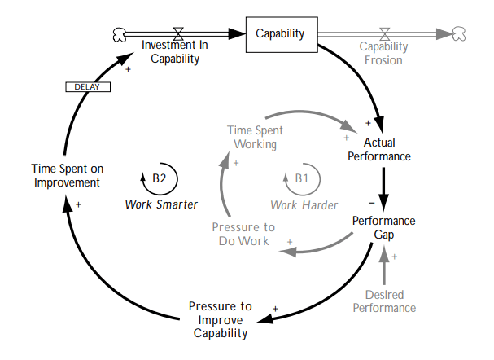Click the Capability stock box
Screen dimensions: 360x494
(280, 33)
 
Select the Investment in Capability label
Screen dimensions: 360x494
(174, 51)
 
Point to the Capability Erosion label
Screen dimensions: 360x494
(384, 53)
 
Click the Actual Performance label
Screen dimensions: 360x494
(379, 149)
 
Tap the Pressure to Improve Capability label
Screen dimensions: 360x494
(220, 319)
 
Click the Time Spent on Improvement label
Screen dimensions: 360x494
(66, 175)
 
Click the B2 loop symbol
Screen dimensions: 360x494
(159, 178)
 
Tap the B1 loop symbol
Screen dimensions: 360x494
(300, 178)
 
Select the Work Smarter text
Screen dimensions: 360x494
(161, 204)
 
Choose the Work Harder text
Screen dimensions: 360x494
(303, 204)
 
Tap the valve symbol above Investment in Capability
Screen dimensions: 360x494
(178, 33)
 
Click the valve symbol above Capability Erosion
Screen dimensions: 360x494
(385, 33)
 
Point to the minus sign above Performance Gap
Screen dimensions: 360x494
(370, 200)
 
